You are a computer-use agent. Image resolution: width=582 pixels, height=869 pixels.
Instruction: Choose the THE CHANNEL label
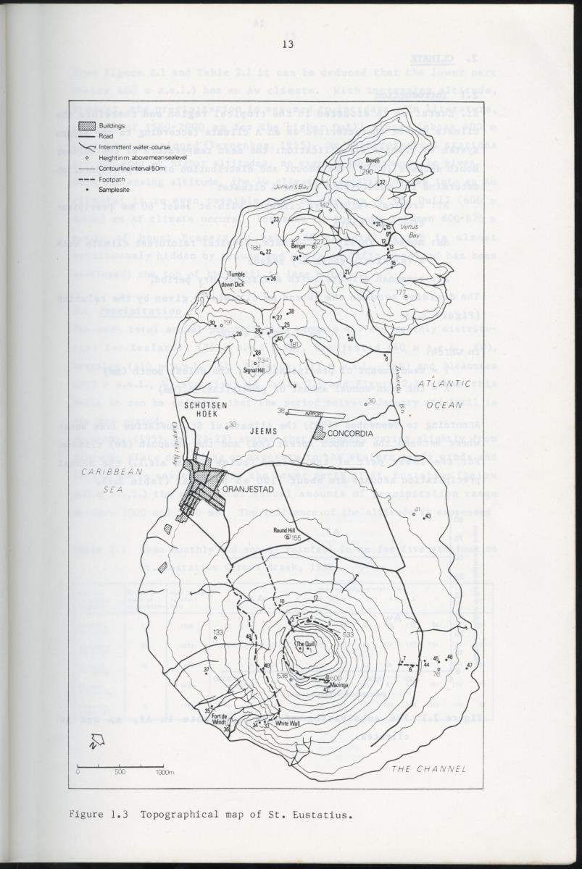428,768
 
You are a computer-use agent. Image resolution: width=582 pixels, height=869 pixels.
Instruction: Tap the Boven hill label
373,161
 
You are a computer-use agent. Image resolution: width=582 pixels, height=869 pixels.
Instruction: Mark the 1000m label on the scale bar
165,772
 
